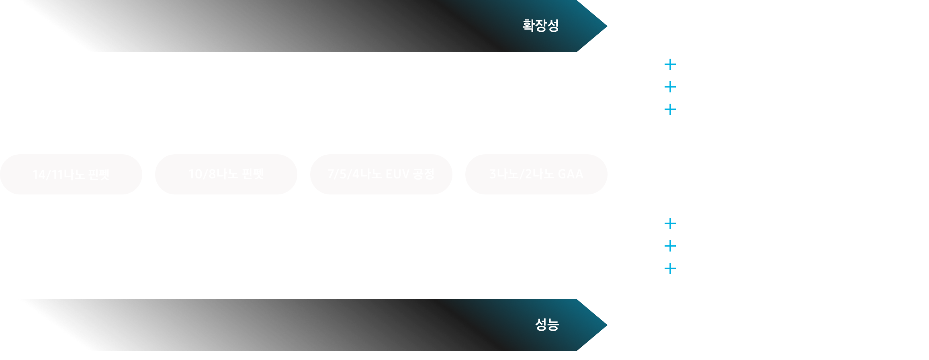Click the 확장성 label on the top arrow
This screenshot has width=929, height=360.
tap(540, 26)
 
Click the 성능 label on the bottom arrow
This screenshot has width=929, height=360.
tap(547, 325)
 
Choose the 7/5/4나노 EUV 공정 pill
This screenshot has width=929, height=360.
tap(381, 174)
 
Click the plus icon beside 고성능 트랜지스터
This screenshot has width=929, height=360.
tap(670, 65)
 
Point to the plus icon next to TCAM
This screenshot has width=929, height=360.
tap(670, 268)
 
